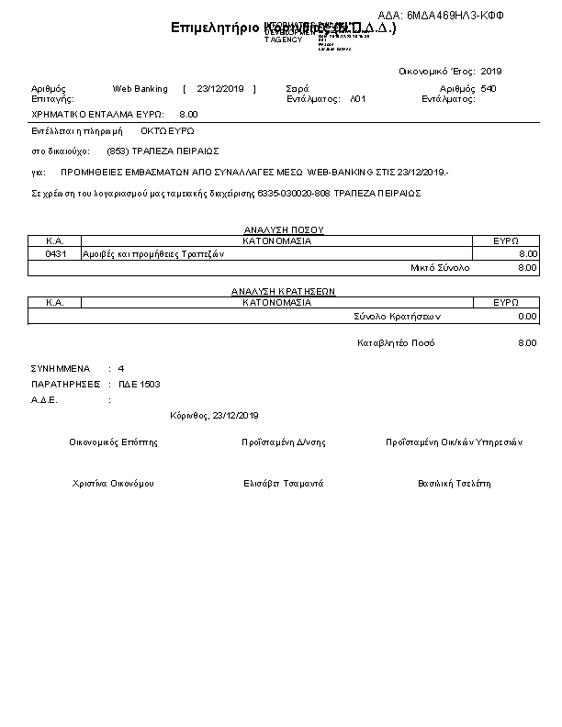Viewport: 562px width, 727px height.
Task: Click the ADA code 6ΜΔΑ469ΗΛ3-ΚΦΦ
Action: point(455,17)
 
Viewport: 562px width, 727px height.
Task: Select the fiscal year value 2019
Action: point(491,71)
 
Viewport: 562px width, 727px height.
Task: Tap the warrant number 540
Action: point(489,89)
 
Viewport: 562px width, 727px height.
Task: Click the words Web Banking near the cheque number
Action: point(140,89)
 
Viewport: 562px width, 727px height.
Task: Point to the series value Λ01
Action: point(358,98)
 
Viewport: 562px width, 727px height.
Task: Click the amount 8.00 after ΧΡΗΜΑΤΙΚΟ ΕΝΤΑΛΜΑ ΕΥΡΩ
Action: point(188,115)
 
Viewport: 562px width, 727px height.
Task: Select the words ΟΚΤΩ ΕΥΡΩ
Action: point(167,131)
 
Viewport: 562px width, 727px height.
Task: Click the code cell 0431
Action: point(55,253)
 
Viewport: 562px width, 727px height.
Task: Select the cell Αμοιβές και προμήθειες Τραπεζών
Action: point(148,253)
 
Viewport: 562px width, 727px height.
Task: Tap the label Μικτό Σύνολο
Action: point(439,267)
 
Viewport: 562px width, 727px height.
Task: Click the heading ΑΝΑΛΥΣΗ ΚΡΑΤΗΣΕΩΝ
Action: point(283,291)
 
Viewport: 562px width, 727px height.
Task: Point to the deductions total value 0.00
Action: point(526,316)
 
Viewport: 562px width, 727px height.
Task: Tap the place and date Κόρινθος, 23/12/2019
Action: point(215,415)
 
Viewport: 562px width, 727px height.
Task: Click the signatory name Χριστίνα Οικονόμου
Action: point(112,483)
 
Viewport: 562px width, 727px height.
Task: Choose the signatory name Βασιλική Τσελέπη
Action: point(455,483)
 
